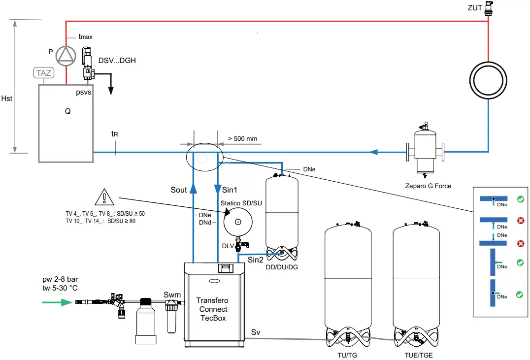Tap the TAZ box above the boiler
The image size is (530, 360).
tap(43, 73)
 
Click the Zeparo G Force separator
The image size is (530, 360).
tap(424, 151)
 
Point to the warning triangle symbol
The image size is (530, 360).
tap(105, 198)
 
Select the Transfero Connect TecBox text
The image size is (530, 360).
tap(213, 309)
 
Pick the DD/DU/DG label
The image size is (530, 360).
tap(282, 267)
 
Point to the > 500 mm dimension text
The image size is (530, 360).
tap(242, 139)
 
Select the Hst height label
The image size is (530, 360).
tap(7, 98)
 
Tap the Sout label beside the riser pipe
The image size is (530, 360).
tap(179, 190)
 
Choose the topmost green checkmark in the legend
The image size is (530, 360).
tap(520, 199)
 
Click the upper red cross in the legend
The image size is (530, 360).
tap(520, 221)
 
